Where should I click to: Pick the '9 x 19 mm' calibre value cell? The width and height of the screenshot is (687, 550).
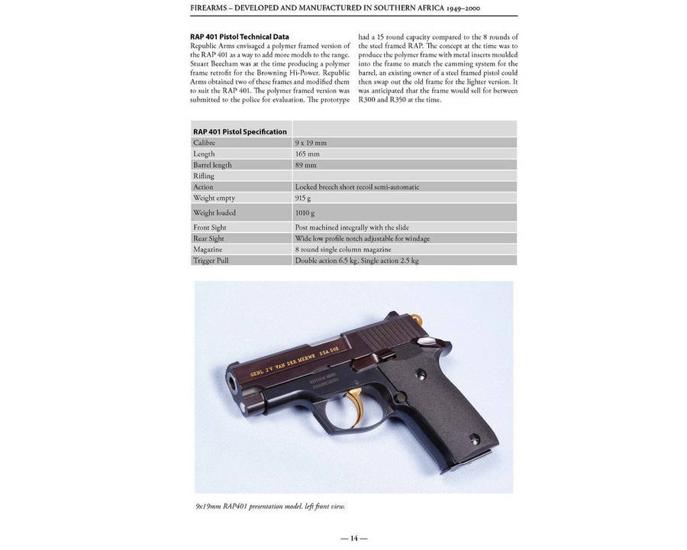coord(311,143)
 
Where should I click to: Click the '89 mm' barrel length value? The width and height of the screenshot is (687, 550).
coord(305,165)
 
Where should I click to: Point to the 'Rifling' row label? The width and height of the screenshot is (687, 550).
coord(204,176)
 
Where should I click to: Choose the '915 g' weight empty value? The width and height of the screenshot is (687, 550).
coord(305,198)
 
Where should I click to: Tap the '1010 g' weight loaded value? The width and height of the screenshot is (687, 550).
coord(306,212)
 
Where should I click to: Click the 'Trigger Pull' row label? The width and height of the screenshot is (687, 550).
coord(211,260)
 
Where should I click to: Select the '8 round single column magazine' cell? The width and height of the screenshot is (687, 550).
coord(343,249)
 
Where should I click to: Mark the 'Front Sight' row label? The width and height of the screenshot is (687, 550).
coord(210,227)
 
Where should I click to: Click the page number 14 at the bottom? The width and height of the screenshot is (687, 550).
coord(353,538)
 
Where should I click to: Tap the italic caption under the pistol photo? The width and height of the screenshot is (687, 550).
coord(274,506)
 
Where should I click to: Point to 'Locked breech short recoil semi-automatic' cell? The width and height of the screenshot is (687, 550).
coord(357,186)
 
